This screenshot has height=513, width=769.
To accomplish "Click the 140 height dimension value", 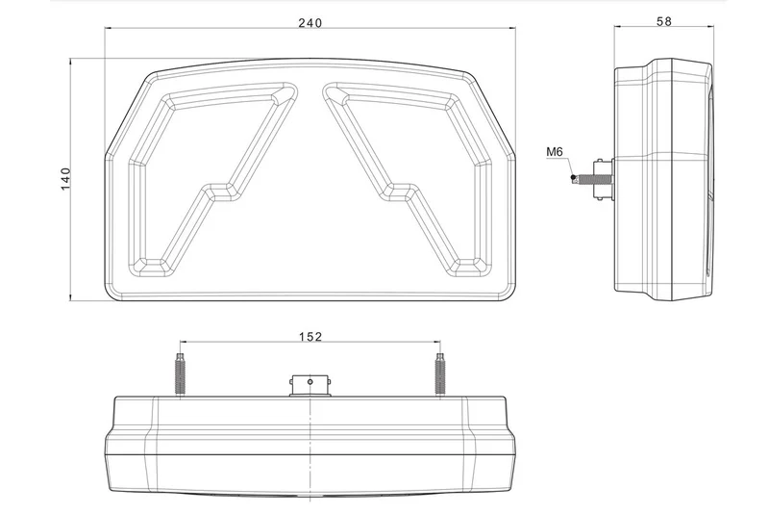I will [65, 179].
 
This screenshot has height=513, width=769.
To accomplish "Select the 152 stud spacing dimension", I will [310, 336].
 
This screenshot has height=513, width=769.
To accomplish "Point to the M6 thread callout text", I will [555, 152].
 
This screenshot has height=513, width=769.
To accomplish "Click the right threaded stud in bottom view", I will [440, 373].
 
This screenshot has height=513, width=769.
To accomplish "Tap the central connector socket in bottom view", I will [310, 383].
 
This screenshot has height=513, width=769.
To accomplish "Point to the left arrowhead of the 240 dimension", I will [109, 31].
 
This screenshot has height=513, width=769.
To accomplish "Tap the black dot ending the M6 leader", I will [573, 178].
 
